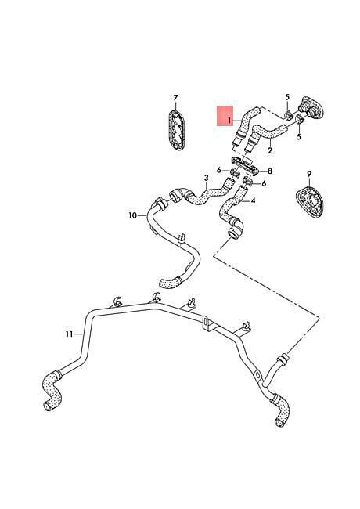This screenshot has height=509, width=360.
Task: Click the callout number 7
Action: (x=175, y=97)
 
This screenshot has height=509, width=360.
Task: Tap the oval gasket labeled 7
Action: (x=176, y=130)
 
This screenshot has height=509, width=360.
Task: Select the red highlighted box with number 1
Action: (x=225, y=116)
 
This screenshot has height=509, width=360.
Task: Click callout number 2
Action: (x=270, y=150)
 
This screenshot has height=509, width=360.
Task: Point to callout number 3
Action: (x=207, y=178)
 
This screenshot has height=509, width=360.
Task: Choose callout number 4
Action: (x=253, y=200)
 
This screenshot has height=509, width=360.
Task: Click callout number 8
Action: (x=270, y=171)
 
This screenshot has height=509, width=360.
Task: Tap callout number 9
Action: (x=309, y=174)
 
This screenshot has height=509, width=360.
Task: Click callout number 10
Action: (x=132, y=215)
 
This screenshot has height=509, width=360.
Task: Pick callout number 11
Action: (x=69, y=334)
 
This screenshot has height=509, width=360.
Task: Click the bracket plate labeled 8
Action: (x=244, y=166)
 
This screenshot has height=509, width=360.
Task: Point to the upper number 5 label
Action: (x=287, y=97)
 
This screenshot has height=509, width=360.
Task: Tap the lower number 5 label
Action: (x=299, y=137)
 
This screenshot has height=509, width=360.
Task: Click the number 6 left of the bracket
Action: (x=219, y=170)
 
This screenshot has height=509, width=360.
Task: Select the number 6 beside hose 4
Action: (x=264, y=184)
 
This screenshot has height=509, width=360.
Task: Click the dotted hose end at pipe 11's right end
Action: (x=282, y=410)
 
